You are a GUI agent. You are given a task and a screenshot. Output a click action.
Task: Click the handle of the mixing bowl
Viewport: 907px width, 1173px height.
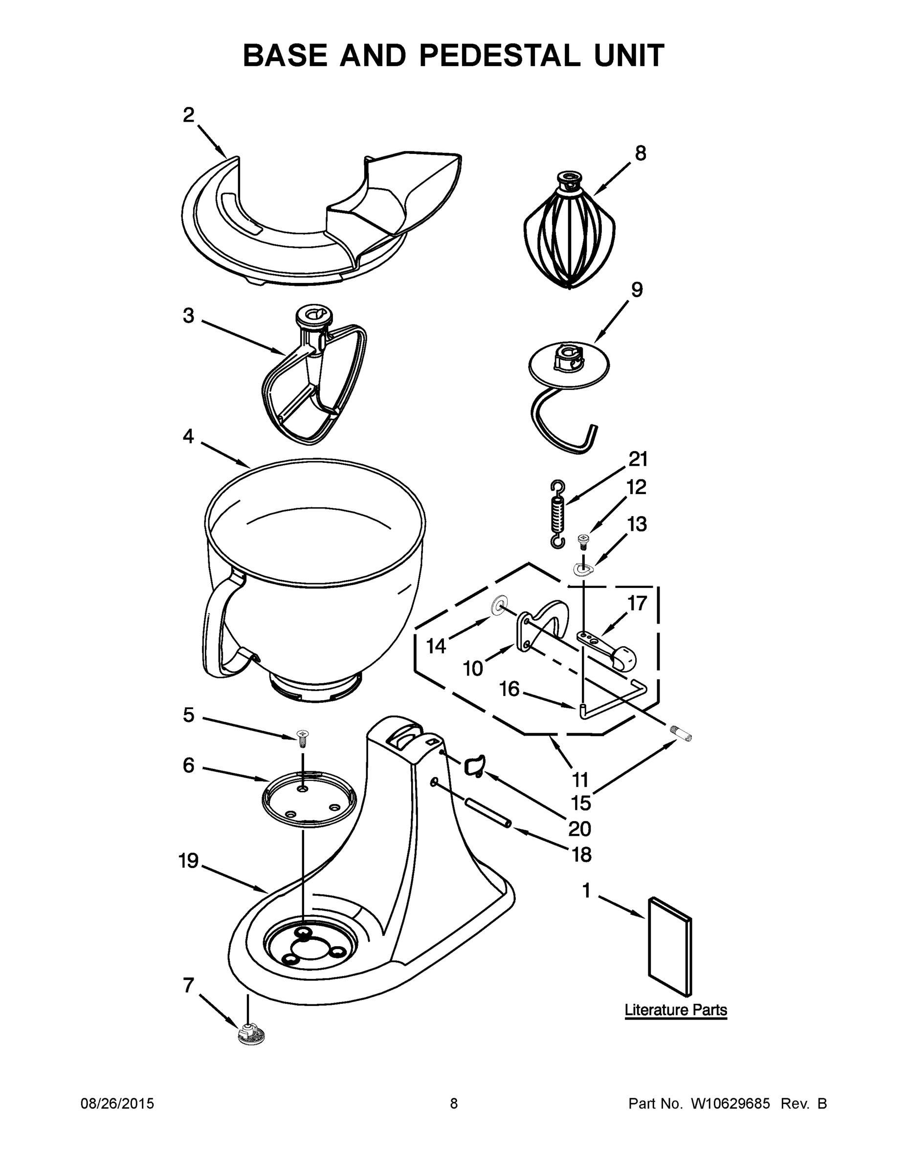click(218, 629)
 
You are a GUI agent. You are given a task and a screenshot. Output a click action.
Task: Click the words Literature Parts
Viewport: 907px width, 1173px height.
click(675, 1010)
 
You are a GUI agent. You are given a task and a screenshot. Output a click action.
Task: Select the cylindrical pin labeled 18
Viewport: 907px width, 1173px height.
click(487, 813)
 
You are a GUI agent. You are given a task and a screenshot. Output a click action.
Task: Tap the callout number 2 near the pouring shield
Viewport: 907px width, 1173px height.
click(188, 115)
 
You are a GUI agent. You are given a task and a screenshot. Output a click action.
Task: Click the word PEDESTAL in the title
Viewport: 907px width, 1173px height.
click(499, 56)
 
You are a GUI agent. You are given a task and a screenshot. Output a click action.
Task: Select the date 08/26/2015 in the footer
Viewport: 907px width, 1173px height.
click(117, 1104)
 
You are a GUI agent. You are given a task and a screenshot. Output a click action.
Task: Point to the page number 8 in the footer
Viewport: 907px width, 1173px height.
click(454, 1104)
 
